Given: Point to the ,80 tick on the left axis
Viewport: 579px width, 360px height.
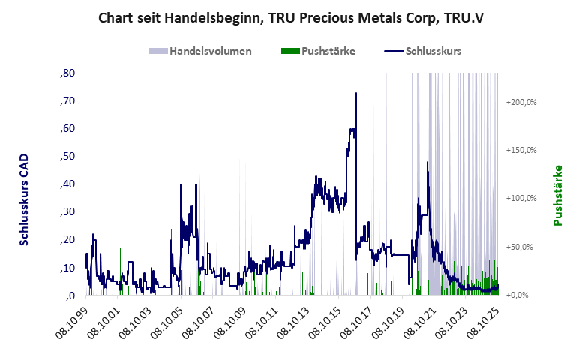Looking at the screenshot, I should point(67,73).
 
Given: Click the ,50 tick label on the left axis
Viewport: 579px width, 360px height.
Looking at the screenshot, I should point(67,156).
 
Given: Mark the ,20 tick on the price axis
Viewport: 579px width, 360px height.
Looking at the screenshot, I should point(67,239).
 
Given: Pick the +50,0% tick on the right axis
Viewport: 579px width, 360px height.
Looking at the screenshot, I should point(522,247).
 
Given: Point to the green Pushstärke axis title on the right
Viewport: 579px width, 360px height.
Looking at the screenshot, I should point(558,195).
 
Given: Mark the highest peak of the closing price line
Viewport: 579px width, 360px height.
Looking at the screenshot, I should point(355,93).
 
